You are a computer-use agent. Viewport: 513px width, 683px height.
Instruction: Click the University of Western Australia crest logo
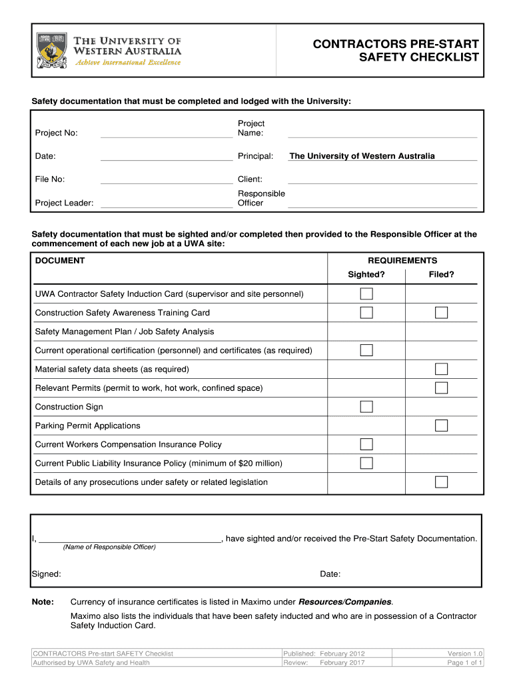[x=51, y=49]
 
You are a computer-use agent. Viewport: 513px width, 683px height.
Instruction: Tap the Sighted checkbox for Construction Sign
[x=366, y=407]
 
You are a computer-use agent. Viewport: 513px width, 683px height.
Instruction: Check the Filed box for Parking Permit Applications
[x=441, y=426]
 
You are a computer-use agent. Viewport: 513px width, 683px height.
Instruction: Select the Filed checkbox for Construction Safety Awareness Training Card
[x=441, y=313]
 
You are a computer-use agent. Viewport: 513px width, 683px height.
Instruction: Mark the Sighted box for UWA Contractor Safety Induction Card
[x=366, y=294]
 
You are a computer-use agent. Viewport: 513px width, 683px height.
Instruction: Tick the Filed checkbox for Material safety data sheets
[x=441, y=370]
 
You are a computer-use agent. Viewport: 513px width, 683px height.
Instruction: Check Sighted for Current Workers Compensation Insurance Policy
[x=366, y=444]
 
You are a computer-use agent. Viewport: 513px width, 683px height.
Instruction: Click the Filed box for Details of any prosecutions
[x=441, y=482]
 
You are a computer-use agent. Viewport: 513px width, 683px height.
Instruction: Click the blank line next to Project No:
[x=166, y=133]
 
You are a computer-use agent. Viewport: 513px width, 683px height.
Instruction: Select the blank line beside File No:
[x=166, y=179]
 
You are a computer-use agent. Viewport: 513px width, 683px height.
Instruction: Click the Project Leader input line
[x=166, y=203]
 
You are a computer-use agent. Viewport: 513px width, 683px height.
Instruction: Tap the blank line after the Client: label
[x=382, y=179]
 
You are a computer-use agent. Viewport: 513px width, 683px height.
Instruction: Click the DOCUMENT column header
[x=60, y=261]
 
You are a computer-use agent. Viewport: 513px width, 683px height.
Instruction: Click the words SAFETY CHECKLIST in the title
[x=419, y=57]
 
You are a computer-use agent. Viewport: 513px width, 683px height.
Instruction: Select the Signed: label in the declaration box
[x=47, y=574]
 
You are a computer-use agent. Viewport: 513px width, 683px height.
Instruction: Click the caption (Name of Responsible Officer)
[x=109, y=548]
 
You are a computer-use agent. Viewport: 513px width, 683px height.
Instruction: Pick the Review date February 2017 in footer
[x=342, y=663]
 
